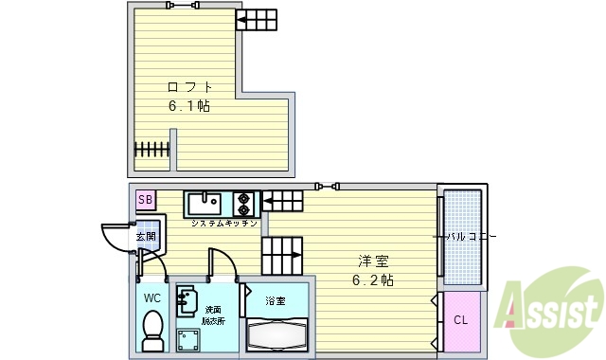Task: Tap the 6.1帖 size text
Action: click(x=189, y=106)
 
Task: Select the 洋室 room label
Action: click(x=373, y=261)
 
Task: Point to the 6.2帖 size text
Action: click(x=373, y=280)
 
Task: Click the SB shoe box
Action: click(x=145, y=199)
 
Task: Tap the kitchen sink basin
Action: click(x=205, y=204)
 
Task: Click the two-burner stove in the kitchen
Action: click(x=244, y=204)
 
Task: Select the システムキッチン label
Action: click(x=224, y=224)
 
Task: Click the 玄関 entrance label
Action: click(x=145, y=237)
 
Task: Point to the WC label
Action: click(x=152, y=297)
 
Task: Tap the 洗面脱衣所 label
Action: click(x=213, y=315)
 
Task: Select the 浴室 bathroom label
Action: click(x=276, y=301)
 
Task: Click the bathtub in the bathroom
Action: click(x=276, y=334)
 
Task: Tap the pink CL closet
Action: click(x=460, y=320)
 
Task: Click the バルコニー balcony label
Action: click(x=471, y=236)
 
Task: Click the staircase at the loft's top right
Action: click(x=257, y=20)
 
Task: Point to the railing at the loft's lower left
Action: click(x=151, y=149)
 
